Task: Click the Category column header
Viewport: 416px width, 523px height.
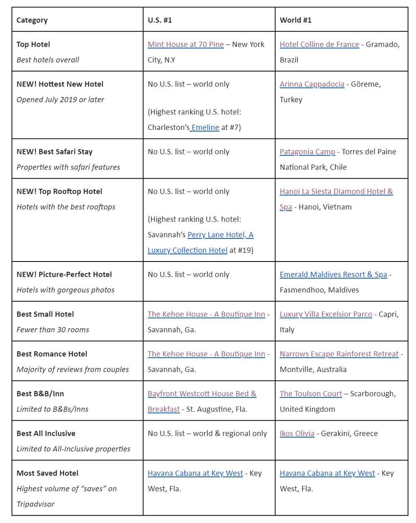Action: pyautogui.click(x=32, y=20)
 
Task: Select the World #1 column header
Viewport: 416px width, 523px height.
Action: pyautogui.click(x=295, y=20)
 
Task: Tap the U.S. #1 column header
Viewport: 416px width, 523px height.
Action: pyautogui.click(x=160, y=20)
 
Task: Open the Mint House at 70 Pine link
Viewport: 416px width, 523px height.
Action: pyautogui.click(x=186, y=44)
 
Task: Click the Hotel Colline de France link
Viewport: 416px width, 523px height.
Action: pyautogui.click(x=319, y=44)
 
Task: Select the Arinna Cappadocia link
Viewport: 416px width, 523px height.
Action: pyautogui.click(x=312, y=84)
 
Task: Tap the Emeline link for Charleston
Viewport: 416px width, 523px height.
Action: pyautogui.click(x=205, y=127)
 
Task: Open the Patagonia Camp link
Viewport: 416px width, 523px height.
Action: pyautogui.click(x=308, y=151)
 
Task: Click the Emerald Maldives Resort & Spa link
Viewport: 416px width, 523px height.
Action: pyautogui.click(x=333, y=274)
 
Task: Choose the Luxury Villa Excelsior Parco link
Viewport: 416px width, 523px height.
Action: pyautogui.click(x=326, y=314)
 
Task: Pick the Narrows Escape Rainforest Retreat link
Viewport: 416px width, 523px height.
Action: pyautogui.click(x=339, y=354)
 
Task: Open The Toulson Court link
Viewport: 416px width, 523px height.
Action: pyautogui.click(x=311, y=393)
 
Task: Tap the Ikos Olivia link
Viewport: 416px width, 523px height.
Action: pyautogui.click(x=297, y=433)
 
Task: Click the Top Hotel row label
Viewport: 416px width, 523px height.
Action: pyautogui.click(x=33, y=44)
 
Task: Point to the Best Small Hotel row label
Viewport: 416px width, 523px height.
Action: pyautogui.click(x=45, y=314)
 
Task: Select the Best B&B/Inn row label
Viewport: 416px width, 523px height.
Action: pyautogui.click(x=40, y=393)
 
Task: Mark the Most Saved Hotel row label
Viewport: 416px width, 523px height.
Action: pyautogui.click(x=48, y=473)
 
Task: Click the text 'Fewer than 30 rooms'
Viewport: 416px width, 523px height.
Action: pyautogui.click(x=53, y=329)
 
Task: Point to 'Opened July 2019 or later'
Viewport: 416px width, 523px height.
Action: pyautogui.click(x=60, y=99)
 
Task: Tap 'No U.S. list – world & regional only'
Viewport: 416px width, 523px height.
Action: pyautogui.click(x=207, y=433)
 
